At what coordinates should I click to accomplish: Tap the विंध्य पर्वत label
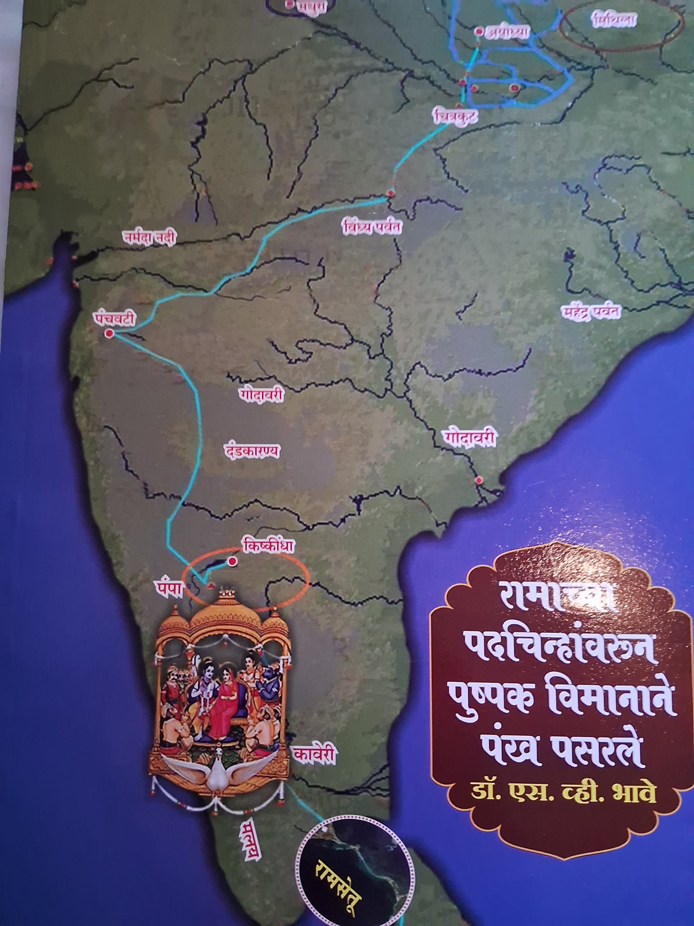pyautogui.click(x=371, y=227)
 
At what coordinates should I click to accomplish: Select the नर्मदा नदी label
pyautogui.click(x=149, y=237)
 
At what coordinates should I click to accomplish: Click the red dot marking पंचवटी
pyautogui.click(x=109, y=333)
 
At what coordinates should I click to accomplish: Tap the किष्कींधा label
pyautogui.click(x=268, y=547)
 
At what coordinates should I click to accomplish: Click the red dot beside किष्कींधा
pyautogui.click(x=233, y=561)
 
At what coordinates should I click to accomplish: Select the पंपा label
pyautogui.click(x=169, y=590)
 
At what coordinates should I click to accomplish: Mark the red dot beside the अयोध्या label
pyautogui.click(x=478, y=31)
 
